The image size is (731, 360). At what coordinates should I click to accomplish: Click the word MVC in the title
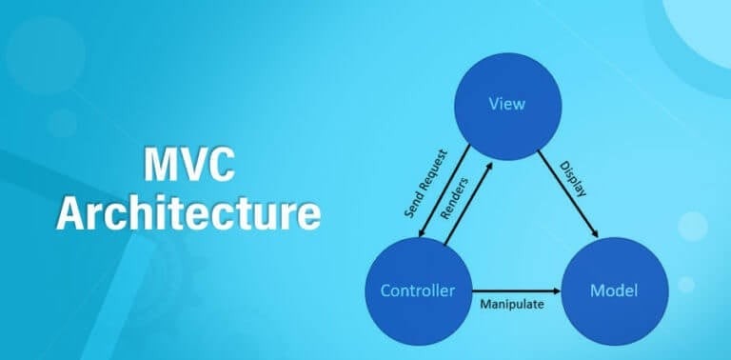click(x=188, y=168)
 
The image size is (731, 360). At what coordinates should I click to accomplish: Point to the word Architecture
click(x=188, y=212)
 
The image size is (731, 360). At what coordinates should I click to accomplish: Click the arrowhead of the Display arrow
click(x=595, y=234)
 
